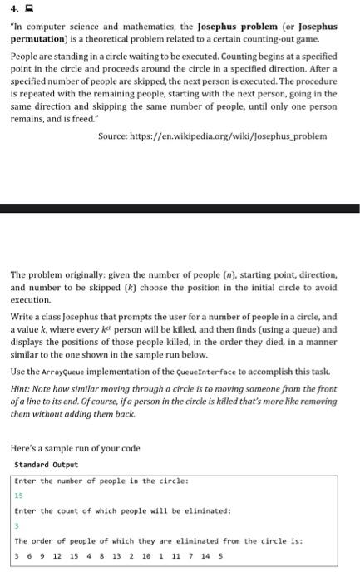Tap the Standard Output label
(47, 465)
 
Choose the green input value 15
(19, 495)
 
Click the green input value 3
(17, 525)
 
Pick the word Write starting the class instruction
(24, 317)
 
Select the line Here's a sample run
(75, 448)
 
